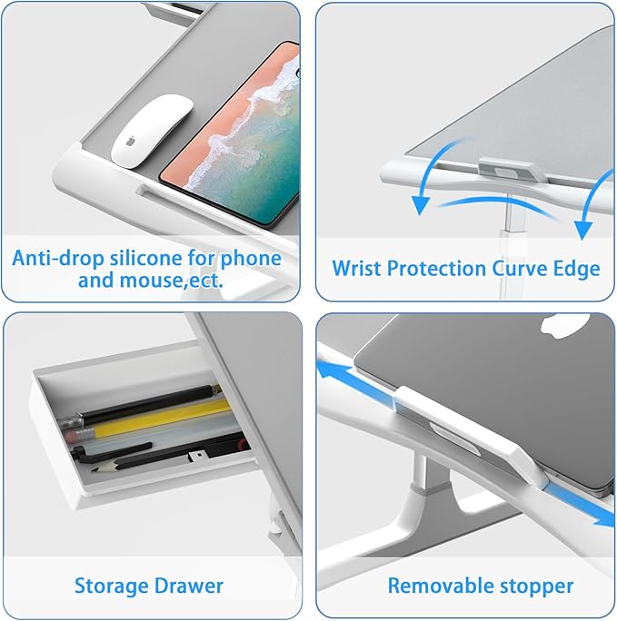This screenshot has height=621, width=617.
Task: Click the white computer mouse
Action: point(152,131)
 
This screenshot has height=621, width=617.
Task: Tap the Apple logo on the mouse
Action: point(131,141)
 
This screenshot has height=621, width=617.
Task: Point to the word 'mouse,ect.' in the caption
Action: point(171,281)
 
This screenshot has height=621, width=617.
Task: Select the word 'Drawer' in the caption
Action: point(188,586)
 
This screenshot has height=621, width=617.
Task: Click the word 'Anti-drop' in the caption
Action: point(58,258)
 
